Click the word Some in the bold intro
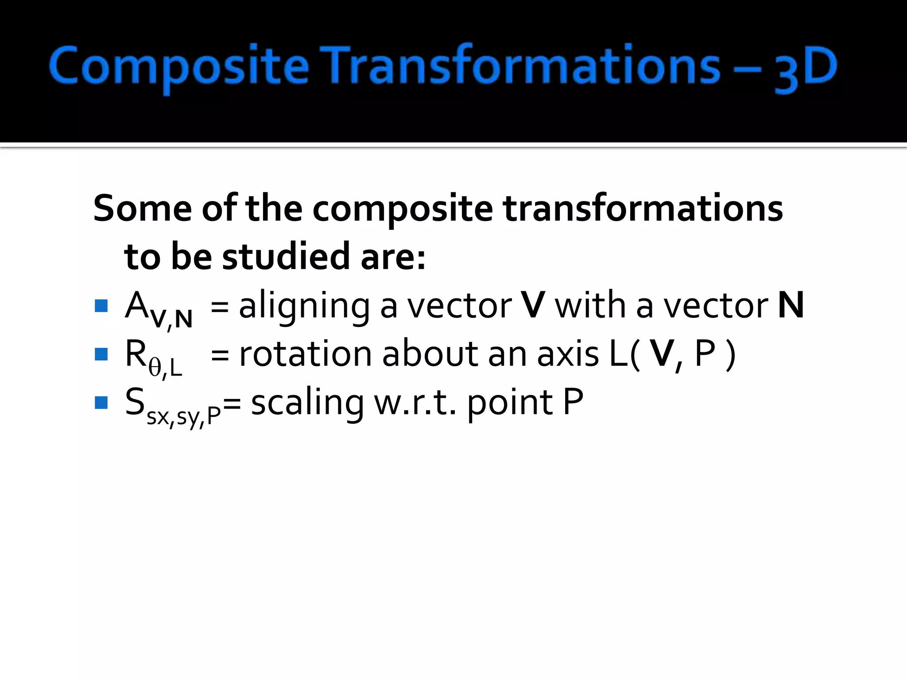[x=142, y=208]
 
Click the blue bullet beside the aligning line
[x=101, y=306]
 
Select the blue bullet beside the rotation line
[x=101, y=354]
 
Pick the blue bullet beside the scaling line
[x=101, y=402]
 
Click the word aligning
[x=304, y=306]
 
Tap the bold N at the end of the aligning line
[x=791, y=305]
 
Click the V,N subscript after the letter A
[x=171, y=318]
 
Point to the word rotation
[x=305, y=354]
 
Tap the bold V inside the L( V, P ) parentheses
[x=663, y=354]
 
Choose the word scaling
[x=307, y=403]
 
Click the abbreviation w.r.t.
[x=415, y=403]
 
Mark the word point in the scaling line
[x=510, y=403]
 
